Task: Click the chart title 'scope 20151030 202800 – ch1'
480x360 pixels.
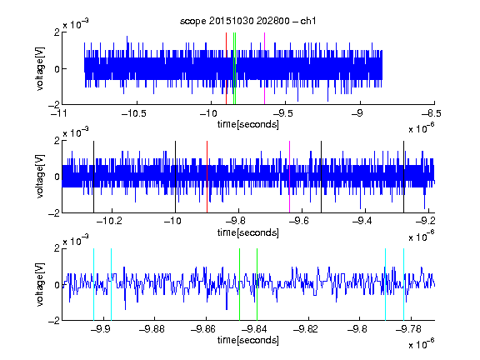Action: pyautogui.click(x=248, y=21)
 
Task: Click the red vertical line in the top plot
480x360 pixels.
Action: pyautogui.click(x=226, y=68)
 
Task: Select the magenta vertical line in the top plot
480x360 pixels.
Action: pyautogui.click(x=264, y=68)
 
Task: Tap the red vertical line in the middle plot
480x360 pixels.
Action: pyautogui.click(x=207, y=177)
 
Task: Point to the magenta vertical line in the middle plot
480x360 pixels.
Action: pyautogui.click(x=290, y=177)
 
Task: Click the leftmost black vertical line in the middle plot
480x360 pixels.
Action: pyautogui.click(x=93, y=177)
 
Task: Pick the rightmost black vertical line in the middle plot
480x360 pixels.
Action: pyautogui.click(x=404, y=177)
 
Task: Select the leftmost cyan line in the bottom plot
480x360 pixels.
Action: pyautogui.click(x=93, y=284)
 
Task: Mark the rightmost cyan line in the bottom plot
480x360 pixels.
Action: pyautogui.click(x=404, y=284)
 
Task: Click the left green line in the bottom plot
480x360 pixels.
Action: pyautogui.click(x=240, y=284)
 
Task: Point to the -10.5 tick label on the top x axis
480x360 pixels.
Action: pyautogui.click(x=134, y=113)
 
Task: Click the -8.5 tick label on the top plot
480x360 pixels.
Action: pyautogui.click(x=432, y=113)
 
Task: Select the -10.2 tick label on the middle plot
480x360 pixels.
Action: pyautogui.click(x=109, y=221)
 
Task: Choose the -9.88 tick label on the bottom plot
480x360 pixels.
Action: pyautogui.click(x=152, y=329)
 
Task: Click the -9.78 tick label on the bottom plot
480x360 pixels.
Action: pyautogui.click(x=408, y=329)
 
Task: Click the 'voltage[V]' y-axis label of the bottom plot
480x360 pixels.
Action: pyautogui.click(x=40, y=284)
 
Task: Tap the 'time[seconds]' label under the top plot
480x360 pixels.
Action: pyautogui.click(x=248, y=124)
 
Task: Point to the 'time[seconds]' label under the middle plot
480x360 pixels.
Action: pyautogui.click(x=248, y=232)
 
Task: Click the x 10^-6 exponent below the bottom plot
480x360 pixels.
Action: pyautogui.click(x=422, y=343)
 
